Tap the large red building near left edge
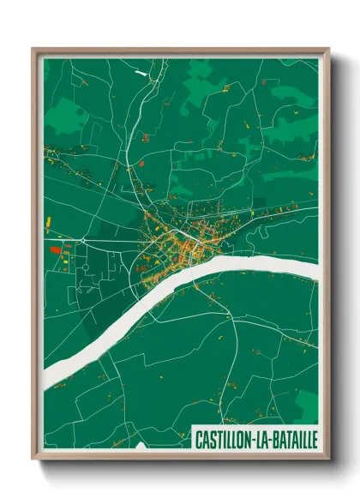click(x=55, y=249)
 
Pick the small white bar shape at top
click(x=141, y=74)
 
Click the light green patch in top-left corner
click(x=64, y=116)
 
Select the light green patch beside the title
click(x=306, y=403)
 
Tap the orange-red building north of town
click(x=141, y=160)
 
